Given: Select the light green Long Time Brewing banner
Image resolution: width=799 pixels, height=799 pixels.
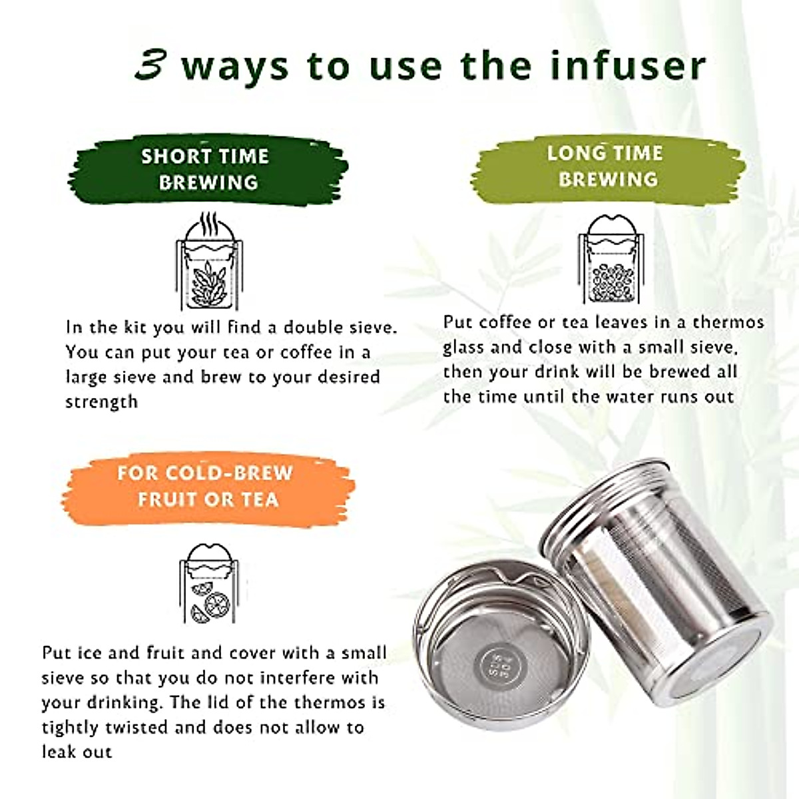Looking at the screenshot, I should pyautogui.click(x=605, y=166).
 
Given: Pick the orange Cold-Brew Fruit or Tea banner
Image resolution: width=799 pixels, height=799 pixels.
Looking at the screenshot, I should pyautogui.click(x=206, y=486).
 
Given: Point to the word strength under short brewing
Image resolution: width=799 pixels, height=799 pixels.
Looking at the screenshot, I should pyautogui.click(x=101, y=402).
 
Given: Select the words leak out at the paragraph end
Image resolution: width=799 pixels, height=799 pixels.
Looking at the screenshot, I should pyautogui.click(x=77, y=752).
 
